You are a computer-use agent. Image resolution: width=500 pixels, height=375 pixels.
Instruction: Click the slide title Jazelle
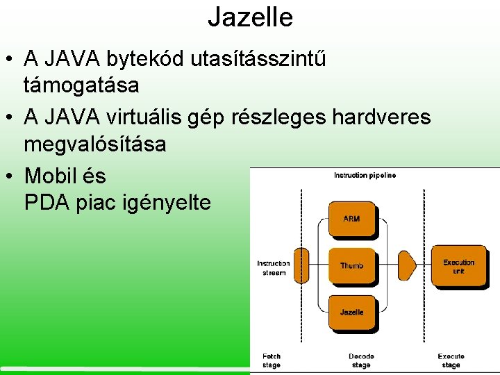250,17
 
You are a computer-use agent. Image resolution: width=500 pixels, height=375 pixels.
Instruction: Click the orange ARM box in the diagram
351,219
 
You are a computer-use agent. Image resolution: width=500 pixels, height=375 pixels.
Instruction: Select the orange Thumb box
351,266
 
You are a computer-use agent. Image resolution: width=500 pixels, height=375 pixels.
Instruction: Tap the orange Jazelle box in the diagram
351,312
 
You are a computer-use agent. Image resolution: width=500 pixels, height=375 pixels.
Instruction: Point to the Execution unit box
458,266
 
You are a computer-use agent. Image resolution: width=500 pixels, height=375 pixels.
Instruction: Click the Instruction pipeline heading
365,176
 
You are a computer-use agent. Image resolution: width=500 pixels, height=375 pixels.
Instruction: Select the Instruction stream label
273,268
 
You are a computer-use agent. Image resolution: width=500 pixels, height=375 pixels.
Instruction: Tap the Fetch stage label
272,360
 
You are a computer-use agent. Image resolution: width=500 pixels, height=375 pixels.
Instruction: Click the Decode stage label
360,360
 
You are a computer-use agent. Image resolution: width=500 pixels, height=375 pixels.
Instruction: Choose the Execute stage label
450,360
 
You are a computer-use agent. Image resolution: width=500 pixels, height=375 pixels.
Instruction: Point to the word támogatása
81,86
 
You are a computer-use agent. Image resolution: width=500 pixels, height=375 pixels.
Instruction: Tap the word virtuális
142,117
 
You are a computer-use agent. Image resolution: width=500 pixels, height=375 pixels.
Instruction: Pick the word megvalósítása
94,144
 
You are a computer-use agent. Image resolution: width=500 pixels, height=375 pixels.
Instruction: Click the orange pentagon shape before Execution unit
407,266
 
